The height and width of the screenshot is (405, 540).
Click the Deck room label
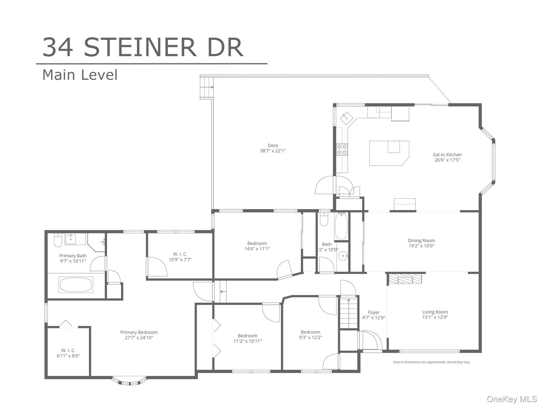point(273,146)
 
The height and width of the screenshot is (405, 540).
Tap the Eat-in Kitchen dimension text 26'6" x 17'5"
point(447,160)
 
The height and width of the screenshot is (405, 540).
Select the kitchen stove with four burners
point(342,150)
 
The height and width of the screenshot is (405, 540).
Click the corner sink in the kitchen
point(346,118)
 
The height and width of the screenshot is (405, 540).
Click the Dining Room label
point(421,240)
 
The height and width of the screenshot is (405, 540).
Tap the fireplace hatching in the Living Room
point(405,278)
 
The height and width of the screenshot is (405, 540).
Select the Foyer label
point(374,312)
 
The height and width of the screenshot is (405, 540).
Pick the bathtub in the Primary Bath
point(76,285)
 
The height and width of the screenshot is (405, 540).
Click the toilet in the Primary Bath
point(58,240)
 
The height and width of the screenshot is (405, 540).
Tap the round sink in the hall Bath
point(343,255)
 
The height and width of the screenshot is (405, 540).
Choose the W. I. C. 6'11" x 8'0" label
point(68,353)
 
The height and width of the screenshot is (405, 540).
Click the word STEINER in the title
point(140,47)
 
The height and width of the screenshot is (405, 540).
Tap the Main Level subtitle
point(80,75)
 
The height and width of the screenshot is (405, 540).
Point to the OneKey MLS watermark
point(512,399)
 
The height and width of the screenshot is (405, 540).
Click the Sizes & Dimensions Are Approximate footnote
point(432,362)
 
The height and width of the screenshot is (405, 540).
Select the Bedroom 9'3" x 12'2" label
point(310,335)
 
